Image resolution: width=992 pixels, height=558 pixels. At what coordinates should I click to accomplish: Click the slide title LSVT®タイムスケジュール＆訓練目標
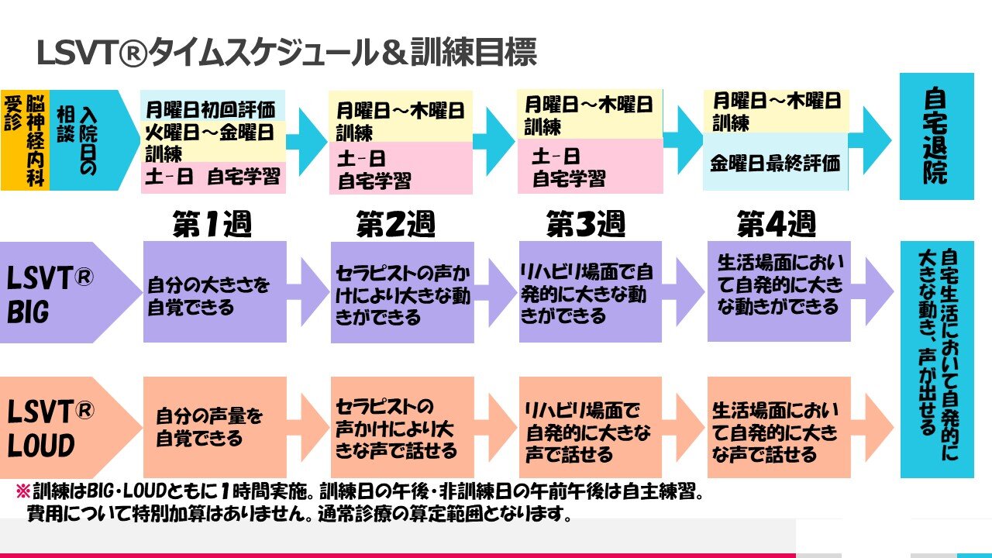287,53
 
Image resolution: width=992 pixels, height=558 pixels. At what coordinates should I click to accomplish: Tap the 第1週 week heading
212,225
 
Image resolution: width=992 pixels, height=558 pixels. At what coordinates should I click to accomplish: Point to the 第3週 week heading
585,225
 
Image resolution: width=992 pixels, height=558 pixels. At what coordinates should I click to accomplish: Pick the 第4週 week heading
776,225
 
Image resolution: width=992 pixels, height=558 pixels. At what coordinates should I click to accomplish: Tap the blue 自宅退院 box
936,136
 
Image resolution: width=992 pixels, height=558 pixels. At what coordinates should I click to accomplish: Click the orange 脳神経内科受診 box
25,139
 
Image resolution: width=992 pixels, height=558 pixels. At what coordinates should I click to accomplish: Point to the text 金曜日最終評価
775,164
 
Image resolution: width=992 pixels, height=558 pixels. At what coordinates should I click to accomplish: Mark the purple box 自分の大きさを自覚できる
215,292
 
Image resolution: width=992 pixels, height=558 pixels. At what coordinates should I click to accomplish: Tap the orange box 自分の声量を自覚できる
215,427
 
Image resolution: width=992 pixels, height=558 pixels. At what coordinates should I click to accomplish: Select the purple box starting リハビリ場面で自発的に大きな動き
590,292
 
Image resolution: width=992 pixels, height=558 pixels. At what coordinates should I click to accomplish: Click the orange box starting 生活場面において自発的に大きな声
778,427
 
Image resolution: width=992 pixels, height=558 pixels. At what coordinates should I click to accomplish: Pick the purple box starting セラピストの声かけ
401,292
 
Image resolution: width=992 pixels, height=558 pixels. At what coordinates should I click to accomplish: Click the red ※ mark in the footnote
22,491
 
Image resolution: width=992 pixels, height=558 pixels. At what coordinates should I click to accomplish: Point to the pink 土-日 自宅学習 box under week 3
590,167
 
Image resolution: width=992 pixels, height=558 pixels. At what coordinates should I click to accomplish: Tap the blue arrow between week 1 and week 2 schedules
308,136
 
